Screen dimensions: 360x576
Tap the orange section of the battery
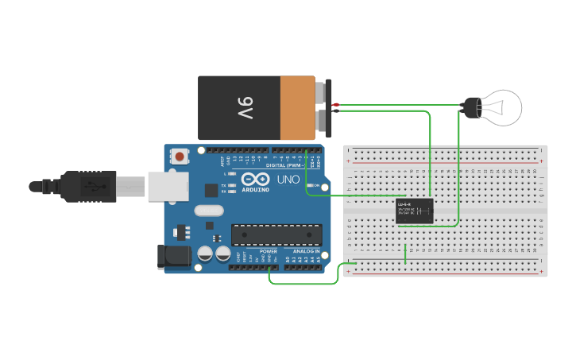(297, 108)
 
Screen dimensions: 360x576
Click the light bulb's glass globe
(504, 107)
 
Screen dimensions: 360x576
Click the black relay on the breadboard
(414, 211)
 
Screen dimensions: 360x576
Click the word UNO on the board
(288, 180)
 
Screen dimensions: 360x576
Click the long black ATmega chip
(276, 234)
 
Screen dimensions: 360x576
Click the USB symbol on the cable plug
(93, 186)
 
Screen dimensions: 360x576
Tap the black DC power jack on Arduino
(173, 256)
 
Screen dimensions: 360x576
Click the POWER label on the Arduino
(269, 251)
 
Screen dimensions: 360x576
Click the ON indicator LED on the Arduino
(311, 186)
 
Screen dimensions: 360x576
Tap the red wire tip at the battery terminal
(337, 104)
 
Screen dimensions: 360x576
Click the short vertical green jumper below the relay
(405, 254)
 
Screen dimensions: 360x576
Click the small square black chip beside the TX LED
(211, 190)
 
